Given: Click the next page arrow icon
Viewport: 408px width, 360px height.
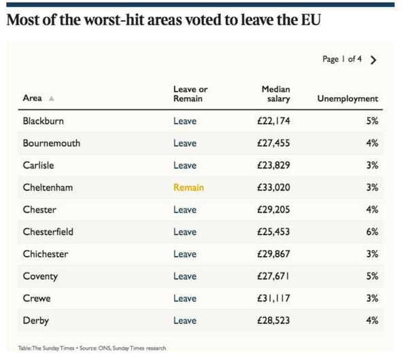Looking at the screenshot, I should coord(373,60).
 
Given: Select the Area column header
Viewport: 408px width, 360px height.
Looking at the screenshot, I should coord(33,98).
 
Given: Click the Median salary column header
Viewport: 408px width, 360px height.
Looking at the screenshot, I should coord(275,94).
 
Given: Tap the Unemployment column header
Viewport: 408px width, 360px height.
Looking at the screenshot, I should coord(347,98).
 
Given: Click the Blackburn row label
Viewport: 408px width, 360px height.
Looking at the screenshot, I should coord(44,121).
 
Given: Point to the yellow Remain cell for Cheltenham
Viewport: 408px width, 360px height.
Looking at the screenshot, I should coord(188,187).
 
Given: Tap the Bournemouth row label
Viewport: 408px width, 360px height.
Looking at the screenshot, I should coord(51,143).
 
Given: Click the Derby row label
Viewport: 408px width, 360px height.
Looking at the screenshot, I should coord(35,321).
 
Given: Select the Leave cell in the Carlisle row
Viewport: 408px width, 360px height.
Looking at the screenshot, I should coord(184,165).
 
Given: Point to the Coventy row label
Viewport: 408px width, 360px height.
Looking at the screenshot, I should coord(40,276).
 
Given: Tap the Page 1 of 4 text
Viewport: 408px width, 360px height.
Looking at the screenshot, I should coord(342,60).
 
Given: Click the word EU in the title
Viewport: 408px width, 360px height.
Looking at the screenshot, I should coord(309,20).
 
